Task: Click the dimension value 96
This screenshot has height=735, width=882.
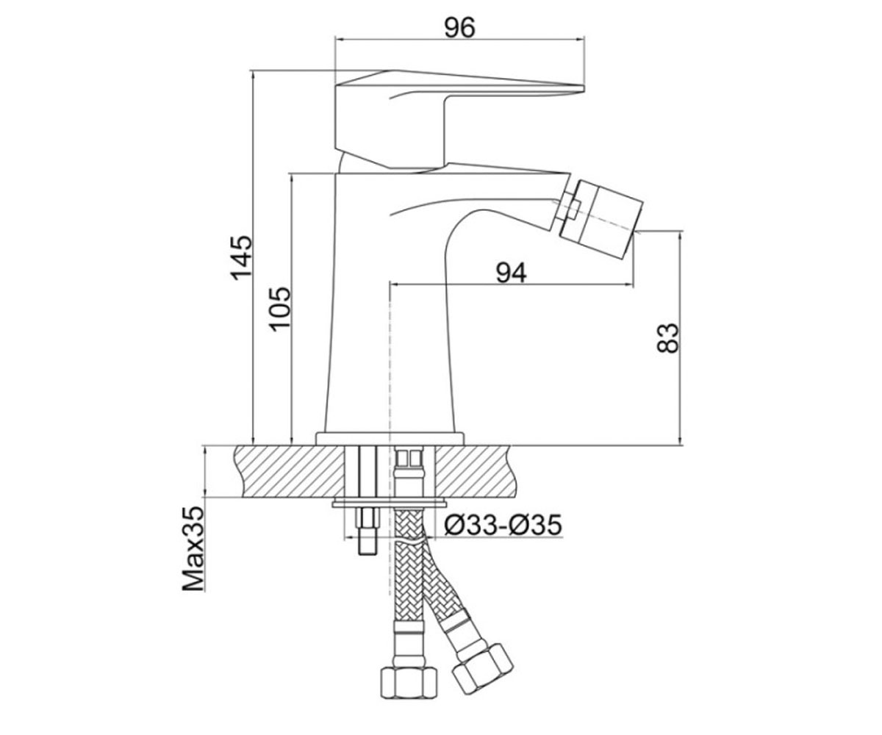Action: click(459, 27)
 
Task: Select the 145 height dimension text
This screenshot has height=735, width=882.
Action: click(241, 258)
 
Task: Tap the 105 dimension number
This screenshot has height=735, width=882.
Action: click(281, 309)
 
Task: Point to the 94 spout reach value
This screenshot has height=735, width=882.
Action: click(511, 273)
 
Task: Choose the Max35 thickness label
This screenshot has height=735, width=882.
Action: click(193, 548)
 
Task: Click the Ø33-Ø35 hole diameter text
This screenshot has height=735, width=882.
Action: click(503, 525)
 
